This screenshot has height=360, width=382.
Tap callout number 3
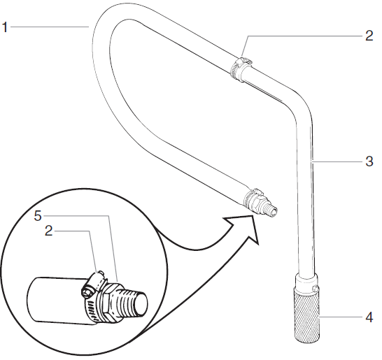pos(369,161)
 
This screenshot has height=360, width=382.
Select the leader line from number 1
pos(49,26)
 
